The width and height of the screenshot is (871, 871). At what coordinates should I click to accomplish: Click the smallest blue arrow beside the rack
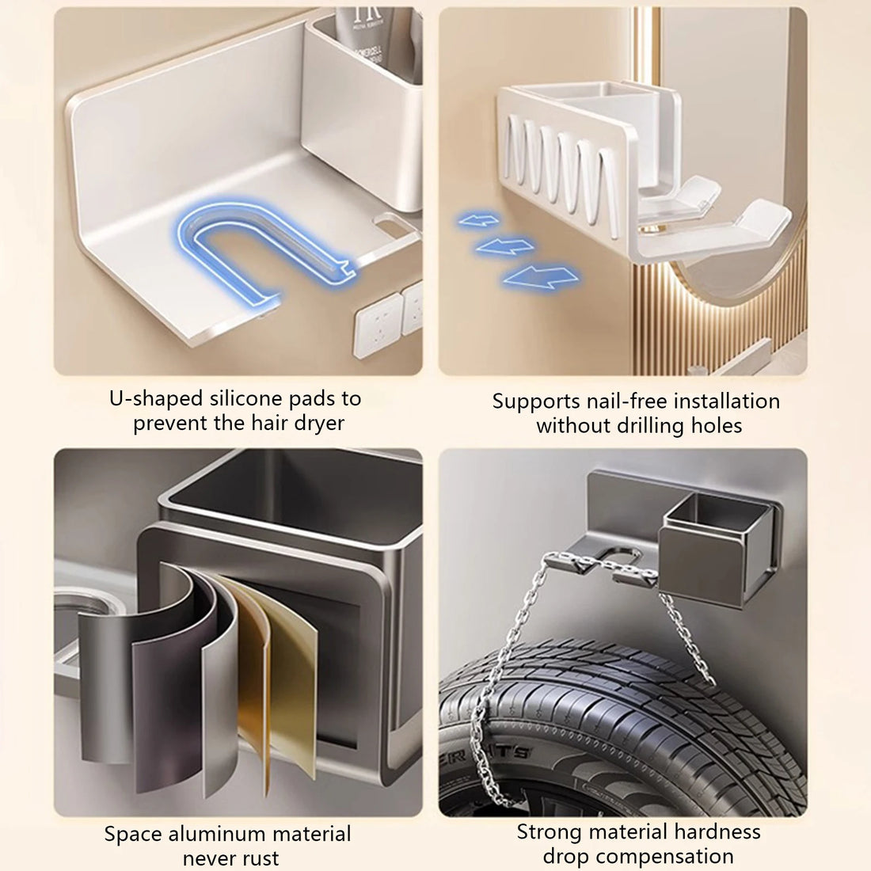[478, 219]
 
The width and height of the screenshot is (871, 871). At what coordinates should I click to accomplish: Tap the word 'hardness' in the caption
[715, 831]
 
